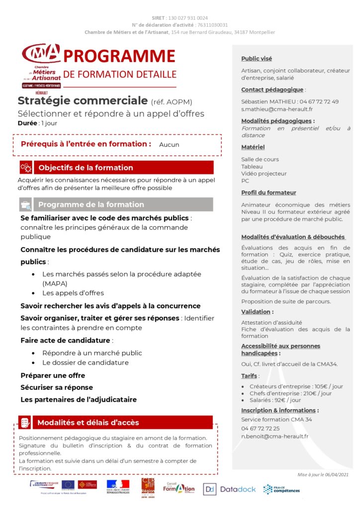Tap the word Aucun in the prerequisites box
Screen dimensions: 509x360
pyautogui.click(x=169, y=145)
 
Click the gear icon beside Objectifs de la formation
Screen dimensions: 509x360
pyautogui.click(x=26, y=168)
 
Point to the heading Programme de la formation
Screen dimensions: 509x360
pyautogui.click(x=91, y=204)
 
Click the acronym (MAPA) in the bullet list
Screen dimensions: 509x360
pyautogui.click(x=55, y=283)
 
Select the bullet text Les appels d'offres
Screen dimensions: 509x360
pyautogui.click(x=73, y=293)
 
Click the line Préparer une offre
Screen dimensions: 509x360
pyautogui.click(x=53, y=375)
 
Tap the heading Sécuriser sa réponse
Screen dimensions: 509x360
pyautogui.click(x=57, y=387)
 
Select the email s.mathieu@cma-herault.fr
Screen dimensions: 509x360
pyautogui.click(x=277, y=109)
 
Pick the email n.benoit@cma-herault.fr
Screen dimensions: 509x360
pyautogui.click(x=275, y=436)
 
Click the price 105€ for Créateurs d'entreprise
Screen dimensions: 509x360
pyautogui.click(x=324, y=386)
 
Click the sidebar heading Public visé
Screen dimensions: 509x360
pyautogui.click(x=257, y=59)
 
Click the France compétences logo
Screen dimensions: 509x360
pyautogui.click(x=281, y=489)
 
